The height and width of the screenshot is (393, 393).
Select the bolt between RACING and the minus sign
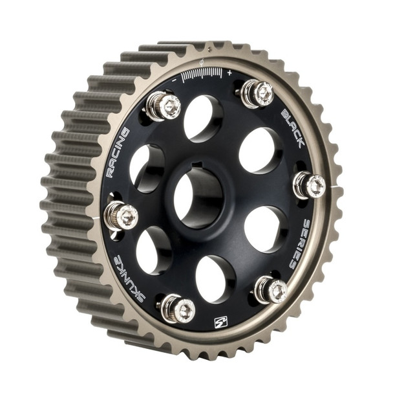click(x=163, y=106)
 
